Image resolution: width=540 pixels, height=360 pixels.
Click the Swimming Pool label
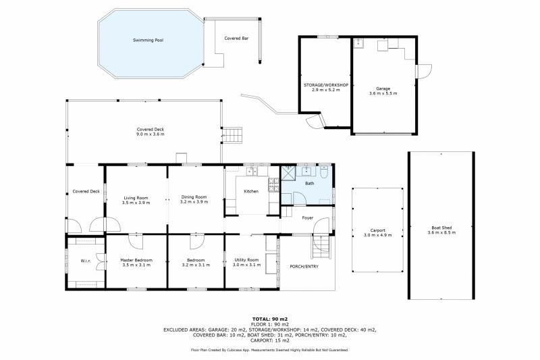[148, 41]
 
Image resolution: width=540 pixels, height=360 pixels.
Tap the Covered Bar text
[236, 38]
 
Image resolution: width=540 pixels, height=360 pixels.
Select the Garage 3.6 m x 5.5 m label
[383, 91]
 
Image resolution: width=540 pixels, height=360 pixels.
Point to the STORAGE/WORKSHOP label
[326, 85]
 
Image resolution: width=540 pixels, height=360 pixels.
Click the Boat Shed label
[441, 228]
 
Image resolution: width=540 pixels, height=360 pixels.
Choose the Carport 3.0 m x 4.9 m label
[378, 233]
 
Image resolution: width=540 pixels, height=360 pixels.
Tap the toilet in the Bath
[325, 172]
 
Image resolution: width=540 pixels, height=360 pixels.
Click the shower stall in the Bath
[288, 174]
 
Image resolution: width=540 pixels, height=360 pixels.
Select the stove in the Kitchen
[274, 184]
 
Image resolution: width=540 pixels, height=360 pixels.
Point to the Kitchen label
[251, 191]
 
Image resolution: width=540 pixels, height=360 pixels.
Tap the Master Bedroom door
[136, 240]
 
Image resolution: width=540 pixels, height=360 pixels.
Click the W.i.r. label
[86, 261]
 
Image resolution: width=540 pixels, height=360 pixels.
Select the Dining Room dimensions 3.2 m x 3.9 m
[194, 202]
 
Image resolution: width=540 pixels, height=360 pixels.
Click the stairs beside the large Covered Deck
[232, 135]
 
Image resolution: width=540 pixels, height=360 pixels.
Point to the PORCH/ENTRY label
[304, 267]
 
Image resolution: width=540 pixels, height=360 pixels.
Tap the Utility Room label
[246, 260]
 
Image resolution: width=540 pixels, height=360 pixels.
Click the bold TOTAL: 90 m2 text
[269, 319]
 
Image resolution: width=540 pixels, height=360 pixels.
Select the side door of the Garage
[424, 72]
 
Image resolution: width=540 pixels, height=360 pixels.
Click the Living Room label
[136, 198]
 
